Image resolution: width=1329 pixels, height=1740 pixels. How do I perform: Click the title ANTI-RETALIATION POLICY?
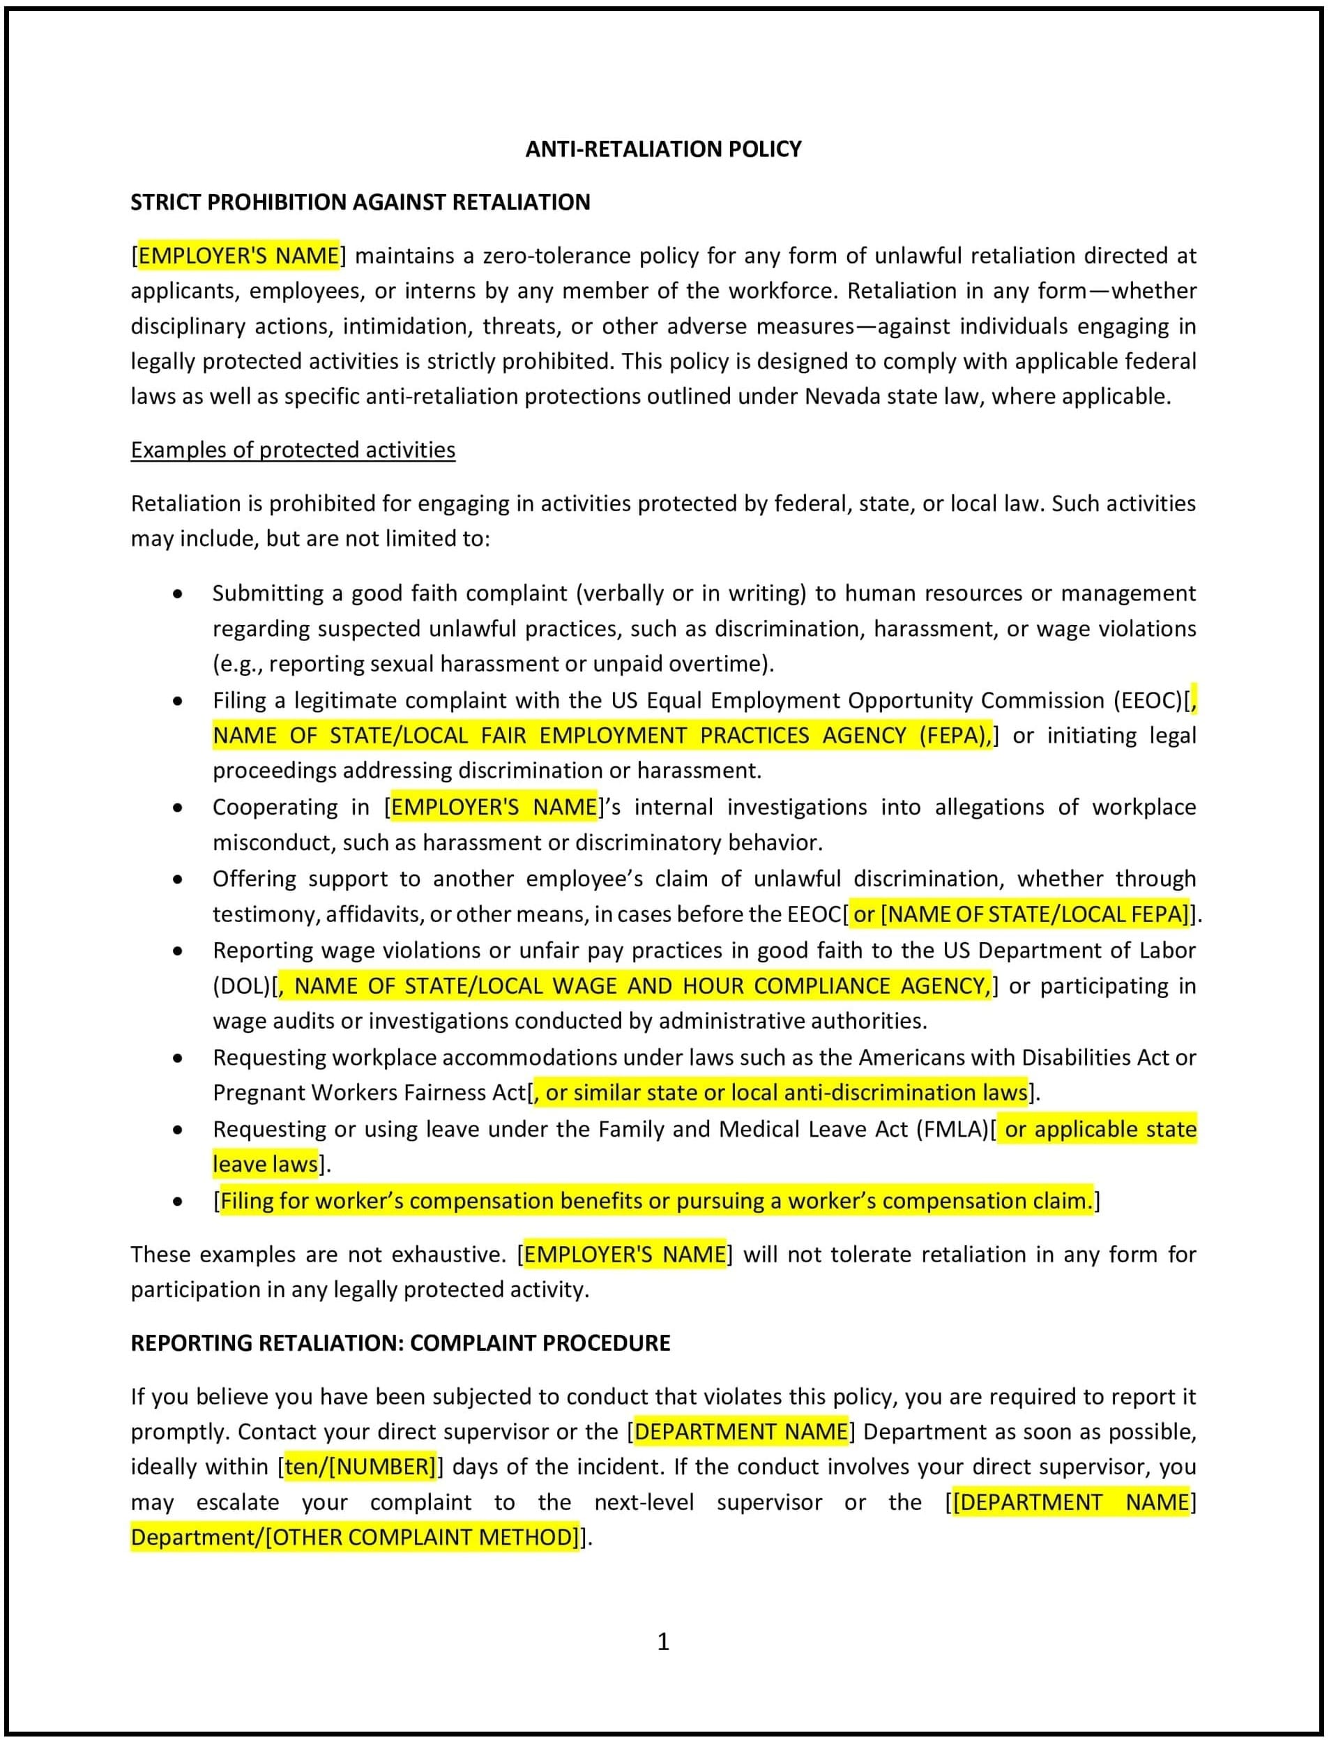[663, 149]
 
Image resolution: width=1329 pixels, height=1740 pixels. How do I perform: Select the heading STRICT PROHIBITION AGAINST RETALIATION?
[360, 202]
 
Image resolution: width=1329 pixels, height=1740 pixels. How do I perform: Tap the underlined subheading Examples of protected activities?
[293, 449]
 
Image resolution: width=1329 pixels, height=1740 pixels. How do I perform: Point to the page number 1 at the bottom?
[663, 1641]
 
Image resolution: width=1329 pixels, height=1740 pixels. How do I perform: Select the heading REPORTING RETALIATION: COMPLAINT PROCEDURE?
[400, 1342]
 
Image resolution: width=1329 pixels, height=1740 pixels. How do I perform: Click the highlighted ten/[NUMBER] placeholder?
[360, 1466]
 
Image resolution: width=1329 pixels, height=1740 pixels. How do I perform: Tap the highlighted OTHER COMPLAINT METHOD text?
[424, 1536]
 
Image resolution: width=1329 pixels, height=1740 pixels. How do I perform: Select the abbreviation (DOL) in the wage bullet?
[242, 986]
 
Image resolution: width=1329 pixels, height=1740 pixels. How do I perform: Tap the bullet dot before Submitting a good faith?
[178, 593]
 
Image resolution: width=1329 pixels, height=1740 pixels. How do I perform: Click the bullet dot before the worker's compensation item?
[178, 1201]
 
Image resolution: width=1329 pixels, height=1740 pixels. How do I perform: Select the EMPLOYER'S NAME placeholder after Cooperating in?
[494, 807]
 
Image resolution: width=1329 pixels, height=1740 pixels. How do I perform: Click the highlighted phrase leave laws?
[265, 1164]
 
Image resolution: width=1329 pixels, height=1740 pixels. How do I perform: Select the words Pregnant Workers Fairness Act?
[370, 1093]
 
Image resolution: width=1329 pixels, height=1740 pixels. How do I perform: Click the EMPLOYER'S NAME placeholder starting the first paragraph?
[239, 255]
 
